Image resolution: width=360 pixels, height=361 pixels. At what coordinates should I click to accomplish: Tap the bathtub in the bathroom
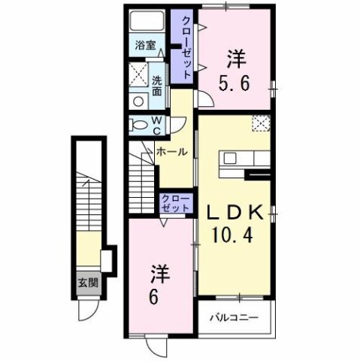(146, 21)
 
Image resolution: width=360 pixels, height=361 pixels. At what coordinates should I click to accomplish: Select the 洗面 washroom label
(157, 85)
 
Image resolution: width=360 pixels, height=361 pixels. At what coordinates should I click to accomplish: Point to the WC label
(156, 124)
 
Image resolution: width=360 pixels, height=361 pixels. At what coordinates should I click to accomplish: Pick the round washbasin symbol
(138, 100)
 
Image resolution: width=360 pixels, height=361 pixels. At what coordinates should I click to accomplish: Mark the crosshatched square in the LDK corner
(260, 123)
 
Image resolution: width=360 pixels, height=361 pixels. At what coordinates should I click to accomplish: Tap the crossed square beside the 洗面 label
(138, 75)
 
